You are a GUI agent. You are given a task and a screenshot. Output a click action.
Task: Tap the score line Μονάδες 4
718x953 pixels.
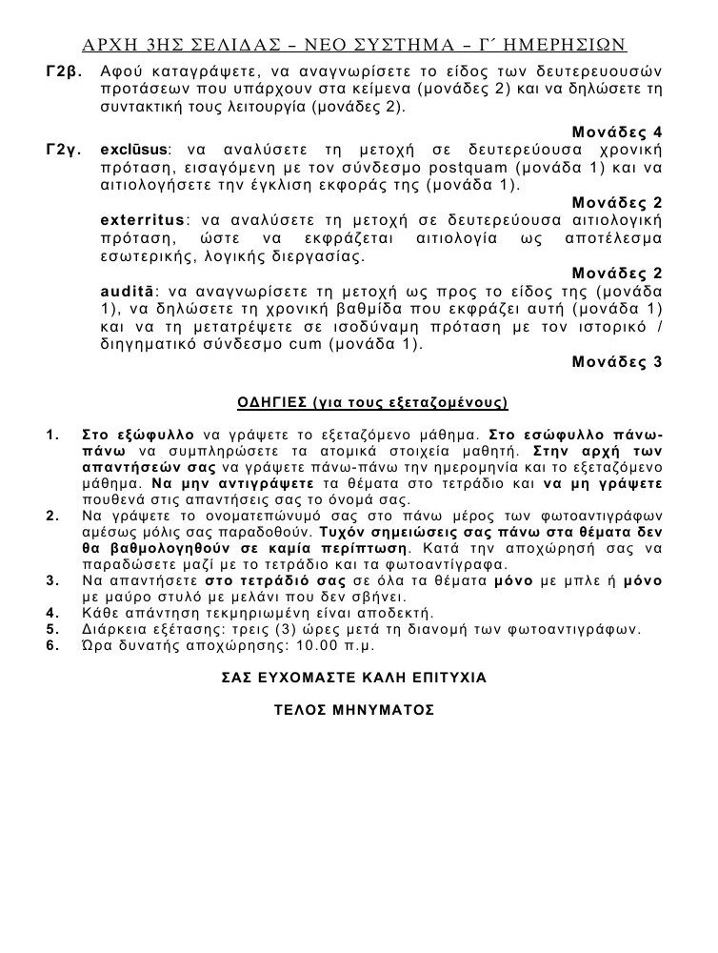tap(618, 132)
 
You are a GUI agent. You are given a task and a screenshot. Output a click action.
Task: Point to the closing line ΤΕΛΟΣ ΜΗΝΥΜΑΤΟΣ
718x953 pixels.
tap(353, 711)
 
